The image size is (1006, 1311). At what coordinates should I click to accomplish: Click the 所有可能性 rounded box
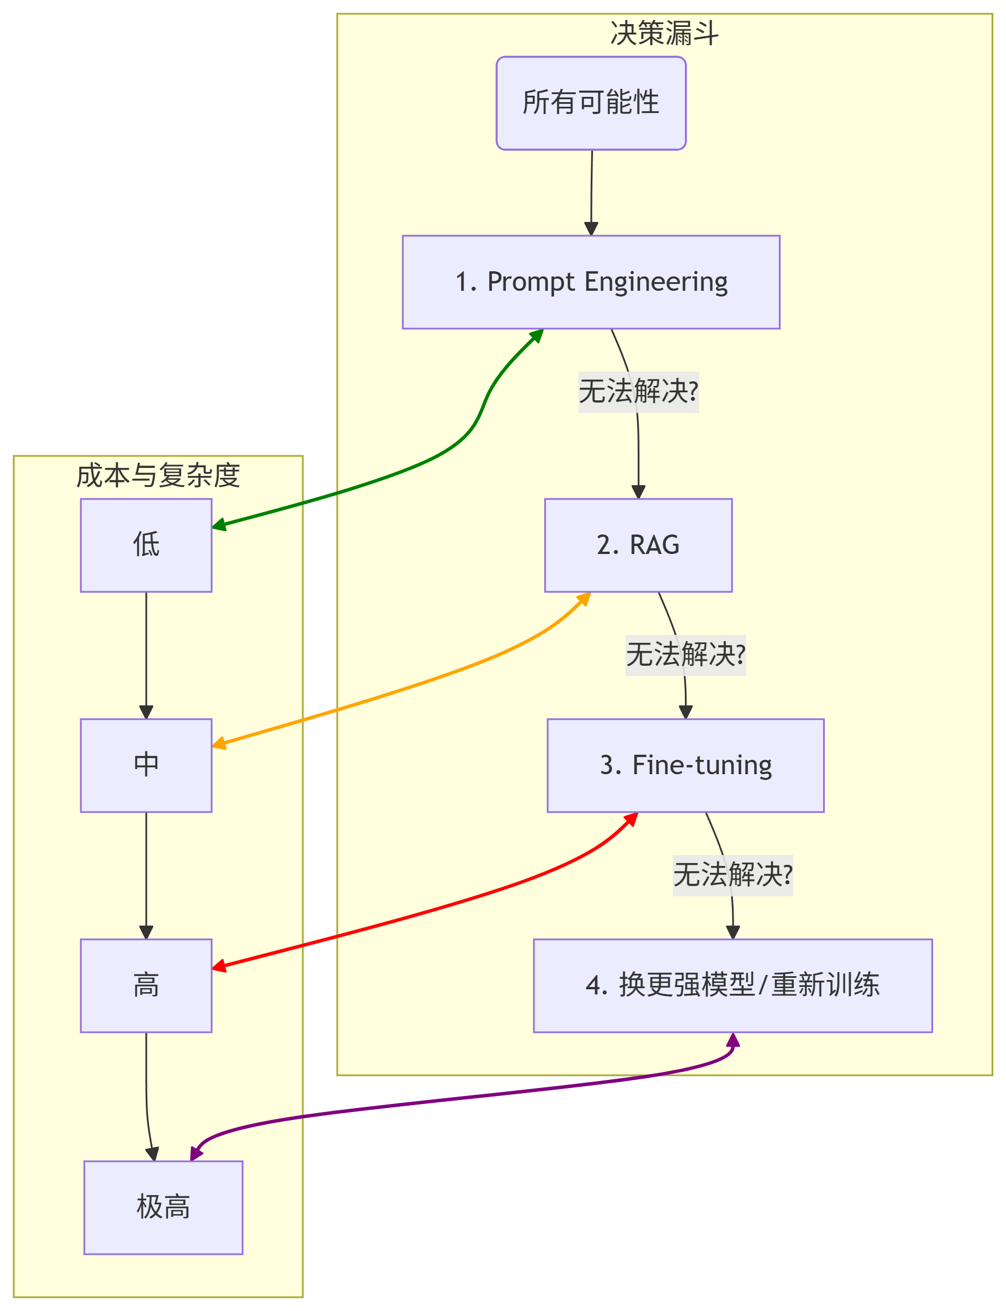pos(591,103)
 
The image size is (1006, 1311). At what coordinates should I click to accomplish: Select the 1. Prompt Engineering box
pos(591,282)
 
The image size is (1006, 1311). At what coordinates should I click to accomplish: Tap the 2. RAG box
pos(638,545)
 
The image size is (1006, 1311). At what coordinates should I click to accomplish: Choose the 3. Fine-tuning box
pos(685,766)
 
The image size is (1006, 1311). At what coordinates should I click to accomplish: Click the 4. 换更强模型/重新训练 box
pos(733,986)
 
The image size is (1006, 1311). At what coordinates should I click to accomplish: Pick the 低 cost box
pos(146,545)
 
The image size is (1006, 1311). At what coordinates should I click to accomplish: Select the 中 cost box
pos(146,766)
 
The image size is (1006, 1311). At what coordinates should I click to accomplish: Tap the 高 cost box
pos(146,986)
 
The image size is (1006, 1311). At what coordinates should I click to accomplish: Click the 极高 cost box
pos(163,1207)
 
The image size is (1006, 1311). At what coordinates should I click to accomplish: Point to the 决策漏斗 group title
pos(664,33)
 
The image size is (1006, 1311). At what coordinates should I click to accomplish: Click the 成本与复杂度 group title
pos(158,476)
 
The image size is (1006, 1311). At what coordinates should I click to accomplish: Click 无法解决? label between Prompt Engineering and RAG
pos(638,392)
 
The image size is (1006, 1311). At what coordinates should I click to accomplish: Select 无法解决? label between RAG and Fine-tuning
pos(685,655)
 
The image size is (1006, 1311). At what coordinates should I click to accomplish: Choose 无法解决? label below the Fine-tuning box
pos(733,875)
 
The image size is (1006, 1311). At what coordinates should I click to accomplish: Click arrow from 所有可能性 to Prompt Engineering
pos(592,192)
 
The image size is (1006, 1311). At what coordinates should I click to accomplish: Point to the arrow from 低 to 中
pos(146,656)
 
